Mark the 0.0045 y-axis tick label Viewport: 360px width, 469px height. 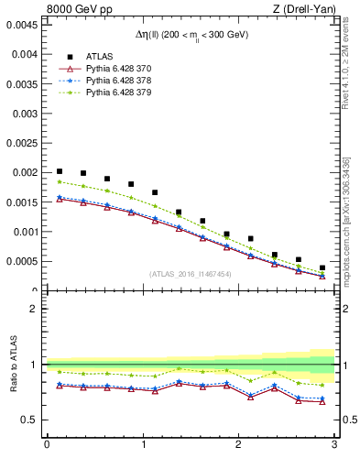[x=23, y=25]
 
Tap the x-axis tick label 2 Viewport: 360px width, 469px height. [x=238, y=444]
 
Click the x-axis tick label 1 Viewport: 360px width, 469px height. [x=143, y=444]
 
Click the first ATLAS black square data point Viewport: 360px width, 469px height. [x=60, y=171]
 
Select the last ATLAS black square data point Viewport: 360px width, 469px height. [x=322, y=267]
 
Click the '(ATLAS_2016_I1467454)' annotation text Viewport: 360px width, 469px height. [x=191, y=274]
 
